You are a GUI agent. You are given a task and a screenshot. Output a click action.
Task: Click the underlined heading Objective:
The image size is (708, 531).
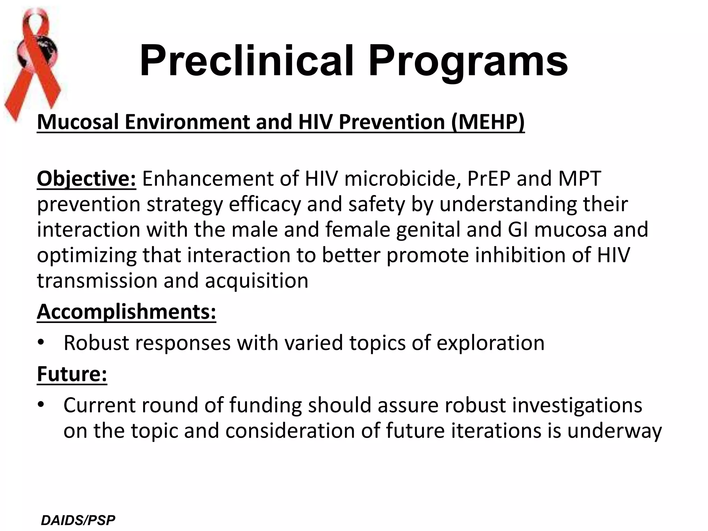(86, 179)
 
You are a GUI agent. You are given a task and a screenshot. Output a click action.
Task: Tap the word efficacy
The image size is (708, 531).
(265, 204)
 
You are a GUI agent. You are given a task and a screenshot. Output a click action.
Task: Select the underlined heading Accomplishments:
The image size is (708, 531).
(127, 312)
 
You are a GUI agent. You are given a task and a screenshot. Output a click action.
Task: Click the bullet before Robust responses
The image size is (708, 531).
(41, 343)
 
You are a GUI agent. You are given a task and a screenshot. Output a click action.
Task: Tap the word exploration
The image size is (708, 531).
(490, 343)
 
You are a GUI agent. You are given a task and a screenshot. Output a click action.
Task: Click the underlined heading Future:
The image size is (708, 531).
(72, 374)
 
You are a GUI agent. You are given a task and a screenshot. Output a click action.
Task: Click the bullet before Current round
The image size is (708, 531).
(41, 404)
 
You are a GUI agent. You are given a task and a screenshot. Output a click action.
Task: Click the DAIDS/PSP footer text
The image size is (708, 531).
(78, 520)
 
